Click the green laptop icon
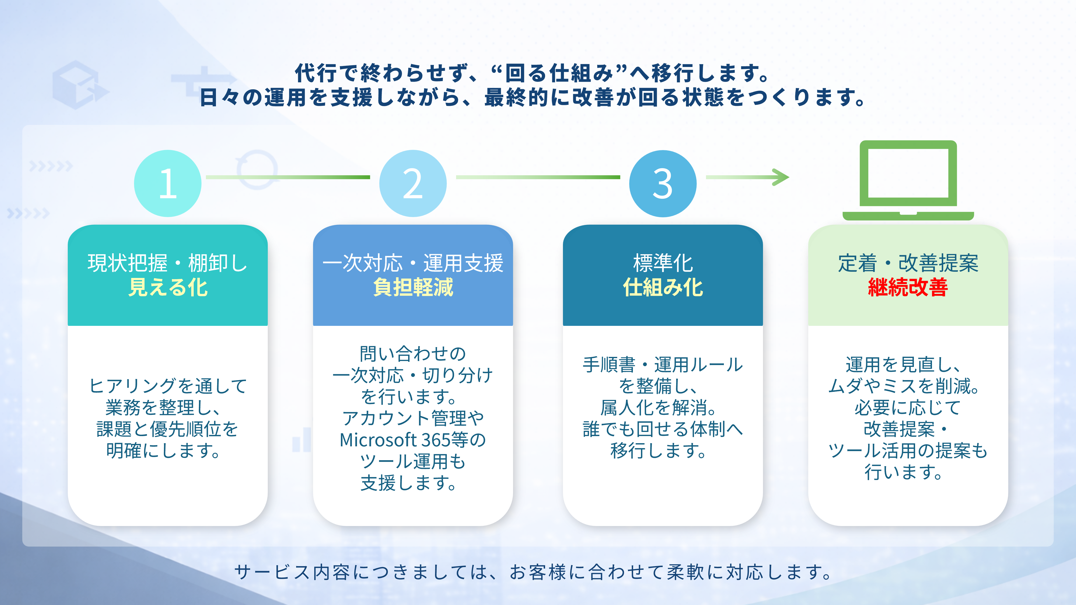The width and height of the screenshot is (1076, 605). pyautogui.click(x=908, y=179)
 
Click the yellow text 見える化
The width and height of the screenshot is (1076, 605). pyautogui.click(x=168, y=288)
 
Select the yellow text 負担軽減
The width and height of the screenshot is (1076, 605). pyautogui.click(x=413, y=288)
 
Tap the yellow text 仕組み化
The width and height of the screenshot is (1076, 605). pyautogui.click(x=662, y=288)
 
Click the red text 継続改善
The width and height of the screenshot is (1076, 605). pyautogui.click(x=908, y=288)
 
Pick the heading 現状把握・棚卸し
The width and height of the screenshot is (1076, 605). pyautogui.click(x=168, y=263)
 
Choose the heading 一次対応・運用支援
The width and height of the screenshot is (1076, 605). pyautogui.click(x=413, y=263)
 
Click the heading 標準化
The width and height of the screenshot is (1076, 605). pyautogui.click(x=662, y=263)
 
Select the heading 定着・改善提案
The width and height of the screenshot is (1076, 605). pyautogui.click(x=908, y=263)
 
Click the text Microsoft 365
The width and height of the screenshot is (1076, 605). pyautogui.click(x=395, y=440)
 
